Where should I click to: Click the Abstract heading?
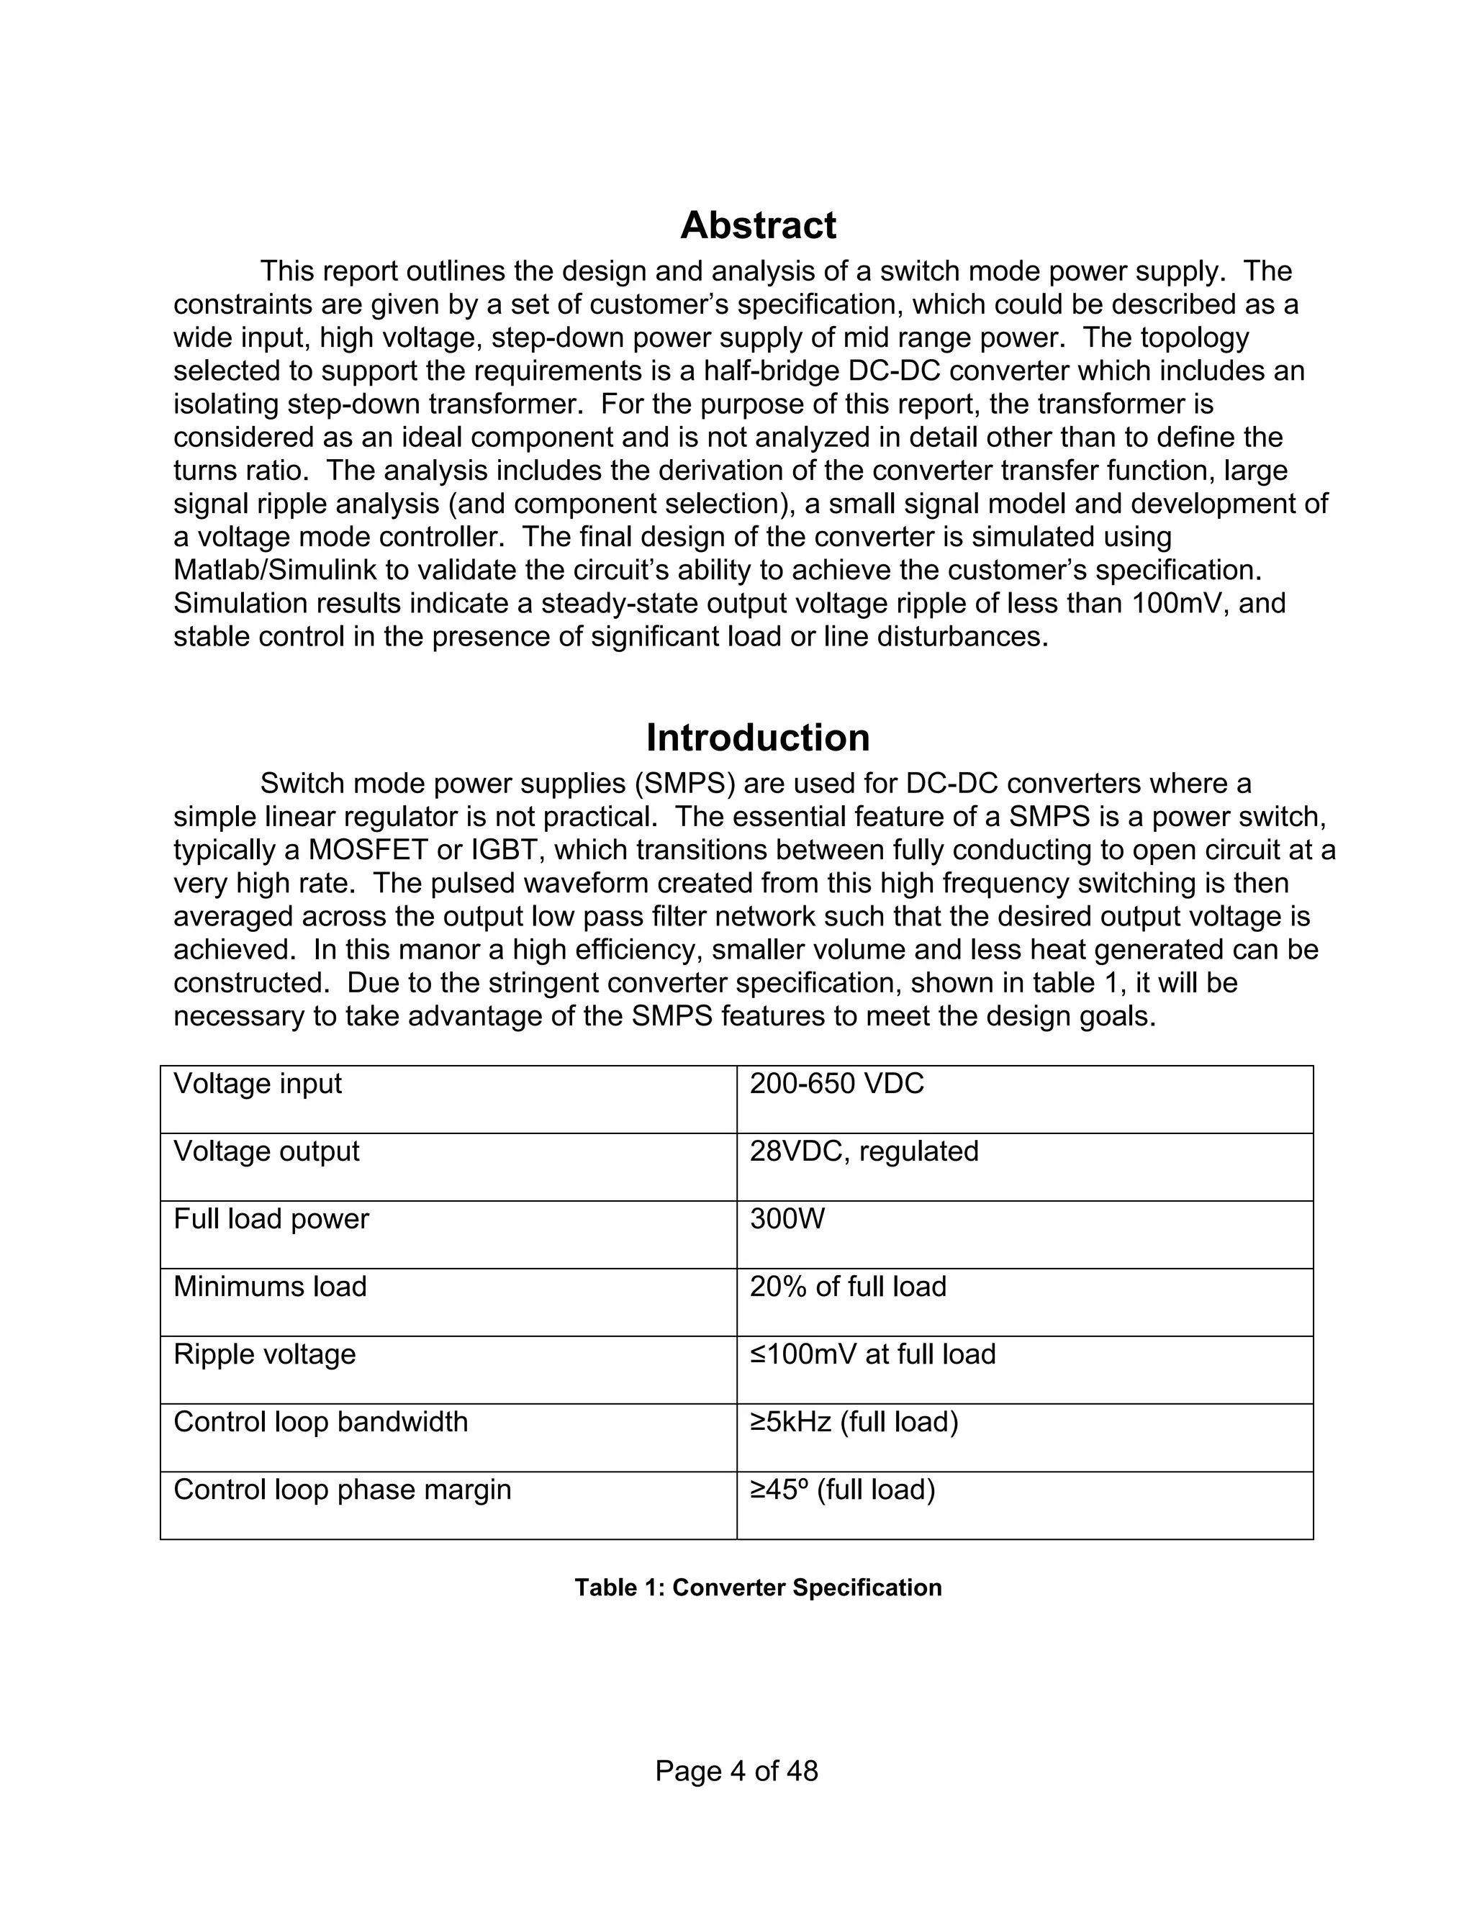[757, 225]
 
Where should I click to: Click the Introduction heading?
[757, 738]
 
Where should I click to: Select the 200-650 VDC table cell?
[836, 1084]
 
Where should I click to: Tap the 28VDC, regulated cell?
[864, 1151]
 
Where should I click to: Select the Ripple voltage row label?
[265, 1354]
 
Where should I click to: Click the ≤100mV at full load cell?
[872, 1354]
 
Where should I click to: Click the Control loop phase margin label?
[343, 1490]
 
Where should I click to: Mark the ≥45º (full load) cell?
[842, 1490]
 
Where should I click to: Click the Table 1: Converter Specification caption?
[757, 1587]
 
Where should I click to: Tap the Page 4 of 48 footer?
[736, 1771]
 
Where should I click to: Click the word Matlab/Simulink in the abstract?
[275, 570]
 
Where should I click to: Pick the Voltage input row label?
[258, 1084]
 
